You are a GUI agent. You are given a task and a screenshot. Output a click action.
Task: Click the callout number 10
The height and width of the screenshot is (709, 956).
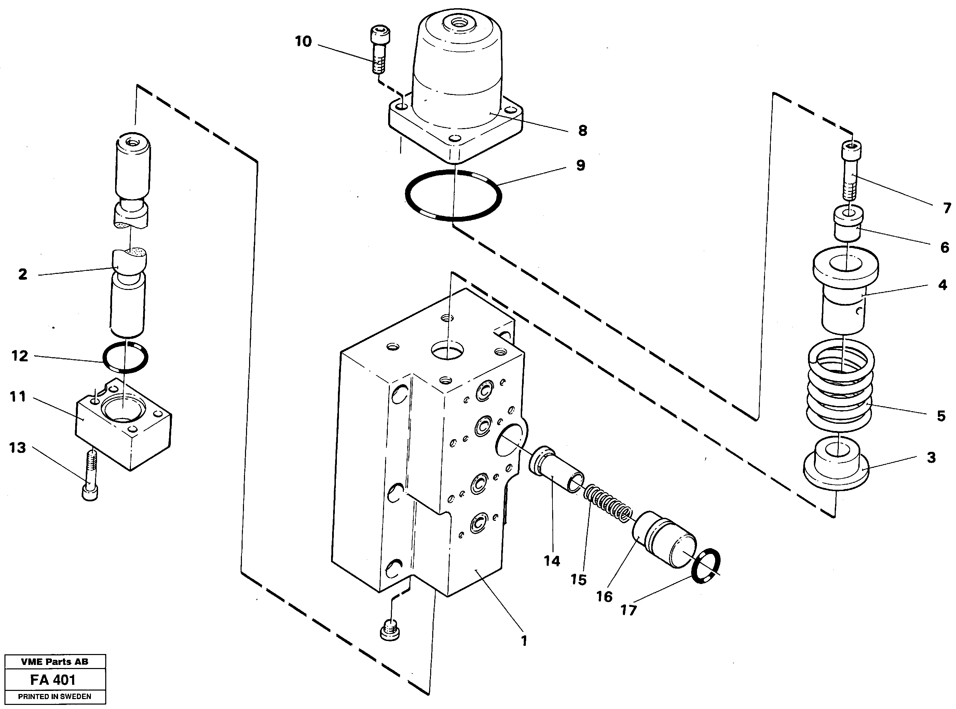[303, 42]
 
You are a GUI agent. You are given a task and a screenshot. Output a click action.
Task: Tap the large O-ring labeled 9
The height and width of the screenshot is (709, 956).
[407, 195]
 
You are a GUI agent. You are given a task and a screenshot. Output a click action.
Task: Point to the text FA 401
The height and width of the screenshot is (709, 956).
[53, 680]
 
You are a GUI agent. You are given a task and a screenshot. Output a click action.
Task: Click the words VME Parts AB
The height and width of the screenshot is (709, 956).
[55, 662]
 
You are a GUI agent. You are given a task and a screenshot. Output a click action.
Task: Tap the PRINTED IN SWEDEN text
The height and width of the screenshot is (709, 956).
[55, 697]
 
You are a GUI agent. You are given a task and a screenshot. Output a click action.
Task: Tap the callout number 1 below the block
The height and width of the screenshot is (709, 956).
[524, 641]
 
